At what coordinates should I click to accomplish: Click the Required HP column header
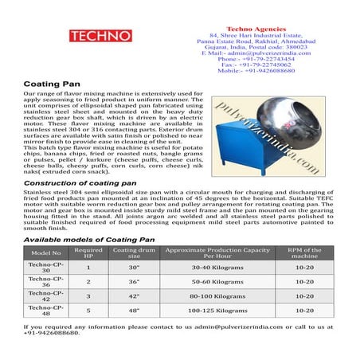88,252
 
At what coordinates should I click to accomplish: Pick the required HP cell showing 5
88,310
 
